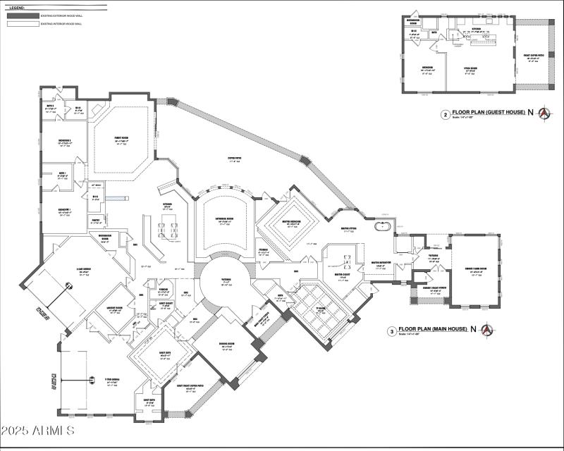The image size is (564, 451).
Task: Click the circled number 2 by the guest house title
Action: click(446, 113)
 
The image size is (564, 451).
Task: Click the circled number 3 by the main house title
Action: click(391, 330)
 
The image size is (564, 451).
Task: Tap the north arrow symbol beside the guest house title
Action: click(544, 113)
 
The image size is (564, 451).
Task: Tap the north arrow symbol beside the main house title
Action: click(486, 329)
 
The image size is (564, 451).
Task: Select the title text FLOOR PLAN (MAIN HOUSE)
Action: click(434, 328)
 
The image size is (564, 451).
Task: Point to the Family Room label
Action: click(121, 139)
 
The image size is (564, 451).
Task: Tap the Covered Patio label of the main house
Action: click(235, 159)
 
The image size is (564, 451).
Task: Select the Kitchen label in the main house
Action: click(168, 205)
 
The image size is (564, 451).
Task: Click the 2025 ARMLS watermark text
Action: click(38, 430)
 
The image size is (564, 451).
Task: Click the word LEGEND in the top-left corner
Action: click(17, 5)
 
